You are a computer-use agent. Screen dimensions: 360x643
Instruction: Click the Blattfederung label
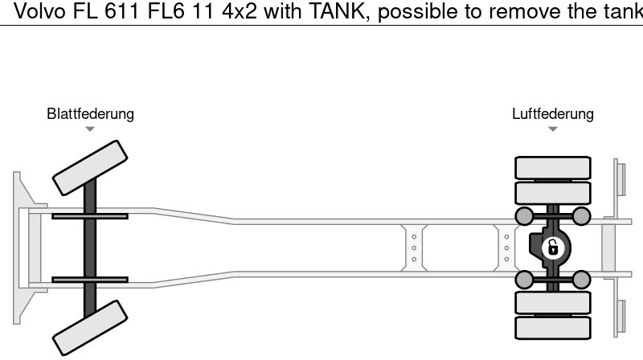click(x=90, y=114)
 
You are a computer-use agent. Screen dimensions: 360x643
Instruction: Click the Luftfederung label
click(x=552, y=114)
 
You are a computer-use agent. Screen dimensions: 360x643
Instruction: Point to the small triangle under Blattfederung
click(x=90, y=129)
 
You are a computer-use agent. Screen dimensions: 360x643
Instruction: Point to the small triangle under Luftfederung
click(x=552, y=129)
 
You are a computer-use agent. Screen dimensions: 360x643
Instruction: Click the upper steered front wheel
click(x=90, y=167)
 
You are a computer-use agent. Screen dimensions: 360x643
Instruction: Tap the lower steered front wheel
click(x=90, y=328)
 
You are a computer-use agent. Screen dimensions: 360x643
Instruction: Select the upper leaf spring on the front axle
click(x=90, y=215)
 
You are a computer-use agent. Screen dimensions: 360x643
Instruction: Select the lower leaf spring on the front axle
click(x=90, y=280)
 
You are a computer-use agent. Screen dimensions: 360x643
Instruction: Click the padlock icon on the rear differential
click(x=552, y=247)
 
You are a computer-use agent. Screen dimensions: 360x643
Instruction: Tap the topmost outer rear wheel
click(x=552, y=168)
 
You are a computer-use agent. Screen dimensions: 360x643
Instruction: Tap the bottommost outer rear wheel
click(x=552, y=327)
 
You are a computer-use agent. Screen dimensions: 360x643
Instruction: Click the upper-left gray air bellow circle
click(x=524, y=215)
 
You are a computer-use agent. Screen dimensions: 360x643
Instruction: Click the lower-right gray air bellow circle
click(x=581, y=280)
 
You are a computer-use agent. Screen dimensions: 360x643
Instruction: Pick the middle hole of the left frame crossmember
click(x=413, y=247)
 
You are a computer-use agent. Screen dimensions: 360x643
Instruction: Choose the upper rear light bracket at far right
click(x=620, y=178)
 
